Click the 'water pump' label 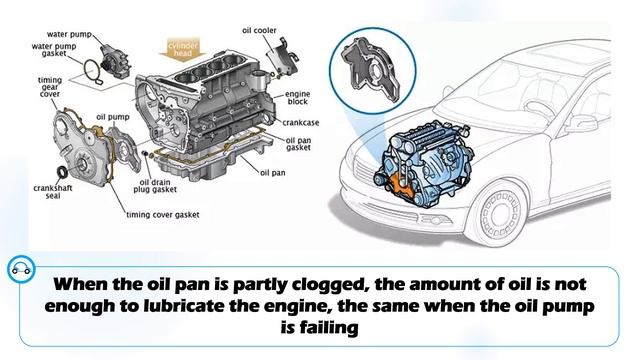tap(69, 34)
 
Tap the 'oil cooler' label tap(259, 30)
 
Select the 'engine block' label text tap(298, 98)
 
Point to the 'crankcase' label tap(301, 122)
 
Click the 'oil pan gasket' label tap(298, 144)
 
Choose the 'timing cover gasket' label tap(162, 215)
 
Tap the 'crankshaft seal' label tap(53, 192)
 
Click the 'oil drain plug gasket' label tap(155, 186)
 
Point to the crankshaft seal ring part tap(62, 172)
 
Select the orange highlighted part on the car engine tap(399, 185)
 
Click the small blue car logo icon tap(21, 269)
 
